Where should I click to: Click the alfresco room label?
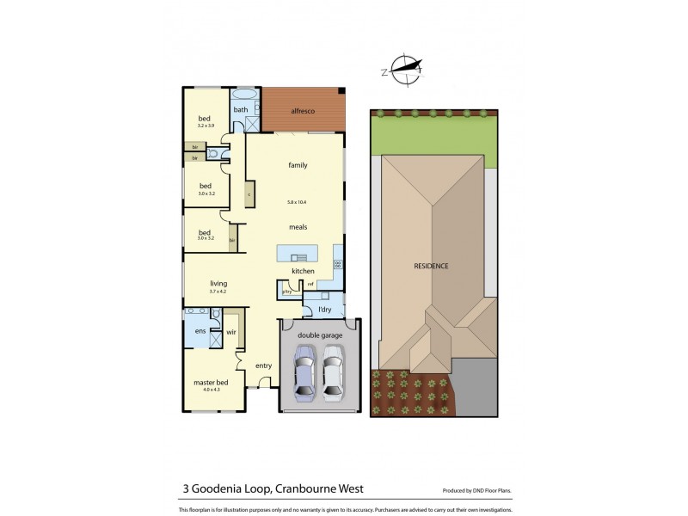302,111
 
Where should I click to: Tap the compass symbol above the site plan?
405,70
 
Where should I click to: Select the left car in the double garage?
304,371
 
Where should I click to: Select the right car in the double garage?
333,371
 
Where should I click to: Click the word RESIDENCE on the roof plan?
432,266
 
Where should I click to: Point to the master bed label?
210,382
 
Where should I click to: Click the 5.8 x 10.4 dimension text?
298,202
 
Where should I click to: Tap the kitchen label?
303,271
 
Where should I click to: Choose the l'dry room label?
325,309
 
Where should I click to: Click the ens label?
200,331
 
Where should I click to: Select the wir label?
231,331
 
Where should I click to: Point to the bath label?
241,109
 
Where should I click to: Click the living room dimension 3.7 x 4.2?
218,291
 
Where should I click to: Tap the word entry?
263,366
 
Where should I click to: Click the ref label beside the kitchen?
310,284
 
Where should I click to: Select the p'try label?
286,292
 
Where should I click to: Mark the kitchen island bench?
297,253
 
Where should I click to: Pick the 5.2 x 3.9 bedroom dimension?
206,126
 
